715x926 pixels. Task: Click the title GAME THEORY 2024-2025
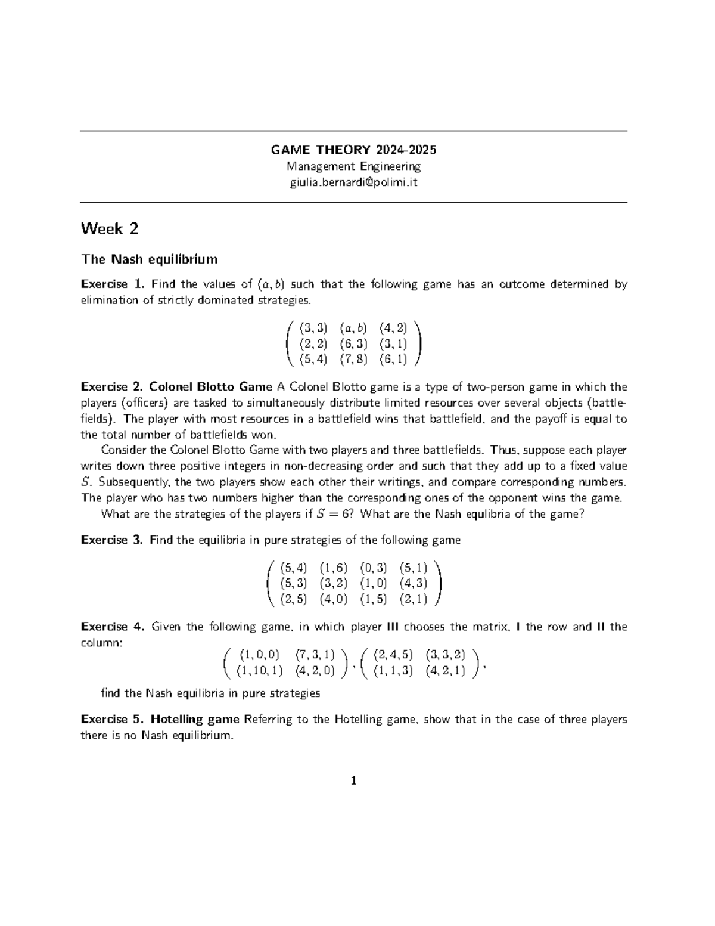[x=353, y=149]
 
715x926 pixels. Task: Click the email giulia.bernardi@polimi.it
[x=353, y=182]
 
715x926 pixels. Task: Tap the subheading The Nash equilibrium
[x=149, y=259]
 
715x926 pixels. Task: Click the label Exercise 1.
[x=113, y=284]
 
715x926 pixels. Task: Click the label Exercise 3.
[x=113, y=540]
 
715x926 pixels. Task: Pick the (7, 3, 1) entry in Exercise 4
[x=315, y=655]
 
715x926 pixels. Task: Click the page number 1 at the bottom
[x=354, y=781]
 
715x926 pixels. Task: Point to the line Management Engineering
[x=353, y=166]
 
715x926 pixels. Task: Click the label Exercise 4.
[x=113, y=627]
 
